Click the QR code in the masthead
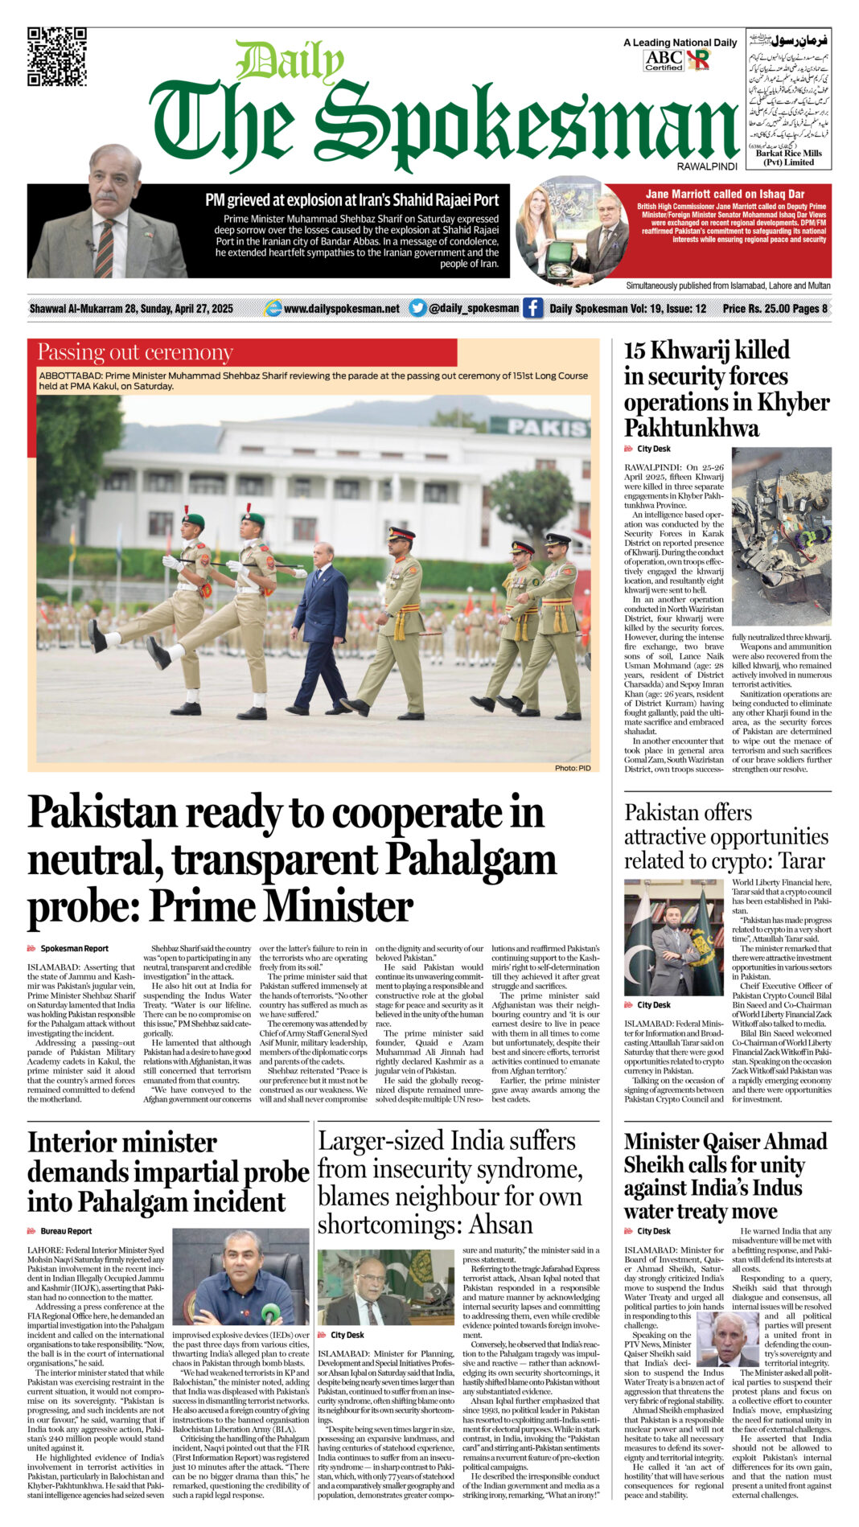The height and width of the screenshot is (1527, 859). pyautogui.click(x=57, y=56)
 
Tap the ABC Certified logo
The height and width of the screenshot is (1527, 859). pyautogui.click(x=664, y=60)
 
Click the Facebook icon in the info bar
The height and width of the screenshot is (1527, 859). pyautogui.click(x=532, y=308)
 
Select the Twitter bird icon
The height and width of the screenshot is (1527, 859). pyautogui.click(x=417, y=308)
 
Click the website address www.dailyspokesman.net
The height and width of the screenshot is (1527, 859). pyautogui.click(x=341, y=309)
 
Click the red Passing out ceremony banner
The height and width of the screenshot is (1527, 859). pyautogui.click(x=242, y=353)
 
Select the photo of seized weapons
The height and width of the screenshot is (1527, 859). pyautogui.click(x=781, y=536)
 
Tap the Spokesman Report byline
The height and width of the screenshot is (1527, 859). pyautogui.click(x=74, y=949)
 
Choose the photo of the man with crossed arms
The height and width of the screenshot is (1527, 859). pyautogui.click(x=673, y=938)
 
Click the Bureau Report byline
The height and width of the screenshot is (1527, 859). pyautogui.click(x=66, y=1231)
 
